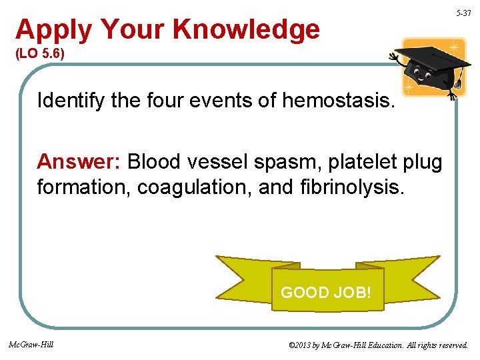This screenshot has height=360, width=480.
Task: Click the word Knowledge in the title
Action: (246, 30)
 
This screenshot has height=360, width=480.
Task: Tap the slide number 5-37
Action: (463, 13)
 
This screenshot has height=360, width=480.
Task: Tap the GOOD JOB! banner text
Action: (326, 292)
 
